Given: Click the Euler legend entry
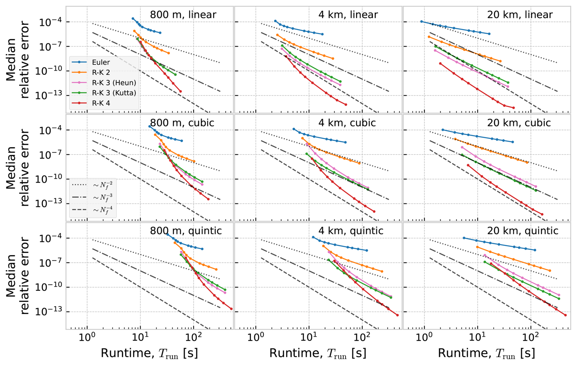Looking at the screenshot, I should click(101, 62).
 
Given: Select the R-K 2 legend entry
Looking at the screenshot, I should click(101, 72).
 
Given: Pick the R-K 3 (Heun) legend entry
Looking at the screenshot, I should click(113, 83).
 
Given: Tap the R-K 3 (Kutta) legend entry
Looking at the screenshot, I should click(113, 93).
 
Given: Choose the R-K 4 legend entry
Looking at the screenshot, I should click(101, 103).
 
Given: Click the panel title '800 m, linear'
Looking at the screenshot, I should click(183, 15).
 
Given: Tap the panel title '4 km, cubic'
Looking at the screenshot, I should click(347, 123).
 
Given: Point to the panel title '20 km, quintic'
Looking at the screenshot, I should click(522, 231).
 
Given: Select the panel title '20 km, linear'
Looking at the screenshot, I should click(520, 15).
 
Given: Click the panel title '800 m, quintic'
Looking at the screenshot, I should click(186, 231).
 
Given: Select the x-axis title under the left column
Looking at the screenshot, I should click(149, 353).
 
